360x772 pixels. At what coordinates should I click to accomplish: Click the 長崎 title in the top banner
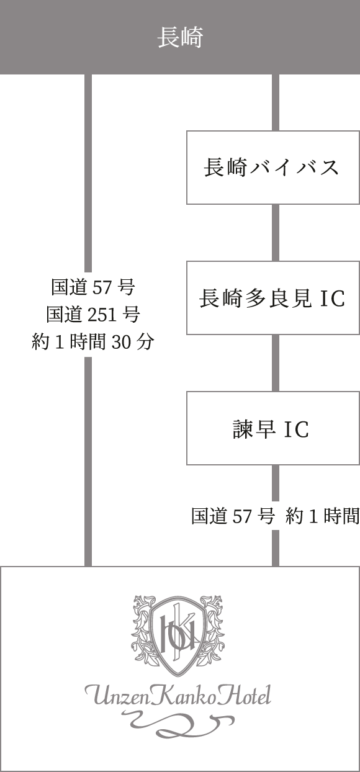click(180, 38)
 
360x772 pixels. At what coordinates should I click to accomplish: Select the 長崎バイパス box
click(273, 168)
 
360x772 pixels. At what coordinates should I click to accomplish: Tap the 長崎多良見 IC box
click(273, 298)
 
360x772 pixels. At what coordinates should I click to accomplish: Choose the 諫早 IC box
click(273, 428)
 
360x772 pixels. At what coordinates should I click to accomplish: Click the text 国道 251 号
click(93, 314)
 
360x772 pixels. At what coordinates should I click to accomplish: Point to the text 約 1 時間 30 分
click(93, 342)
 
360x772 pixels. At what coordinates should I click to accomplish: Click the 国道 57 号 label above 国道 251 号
click(93, 287)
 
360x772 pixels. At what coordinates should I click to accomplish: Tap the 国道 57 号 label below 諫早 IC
click(233, 516)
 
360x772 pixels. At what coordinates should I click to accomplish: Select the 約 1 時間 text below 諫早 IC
click(322, 516)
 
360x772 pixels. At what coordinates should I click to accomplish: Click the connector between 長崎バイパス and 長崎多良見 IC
click(275, 233)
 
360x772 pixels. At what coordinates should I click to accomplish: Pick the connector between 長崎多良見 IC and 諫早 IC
click(275, 363)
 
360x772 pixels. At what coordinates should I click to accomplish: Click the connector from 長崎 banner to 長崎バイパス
click(275, 102)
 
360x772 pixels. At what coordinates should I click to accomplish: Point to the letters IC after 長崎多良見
click(333, 298)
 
